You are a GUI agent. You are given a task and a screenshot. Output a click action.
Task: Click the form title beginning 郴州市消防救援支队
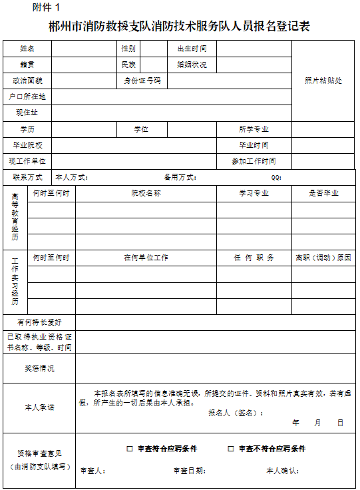(x=180, y=27)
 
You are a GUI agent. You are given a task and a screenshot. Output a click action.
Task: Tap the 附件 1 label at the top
(x=45, y=7)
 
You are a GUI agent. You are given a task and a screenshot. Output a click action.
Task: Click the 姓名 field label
(x=27, y=49)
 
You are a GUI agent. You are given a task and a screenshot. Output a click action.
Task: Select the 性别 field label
(x=128, y=49)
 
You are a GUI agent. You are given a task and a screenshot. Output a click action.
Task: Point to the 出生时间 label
(x=192, y=49)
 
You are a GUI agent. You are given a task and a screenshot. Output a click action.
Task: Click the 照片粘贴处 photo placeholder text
(x=323, y=81)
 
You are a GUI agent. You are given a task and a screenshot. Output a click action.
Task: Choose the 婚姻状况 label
(x=192, y=65)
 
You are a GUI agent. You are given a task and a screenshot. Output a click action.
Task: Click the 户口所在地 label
(x=27, y=97)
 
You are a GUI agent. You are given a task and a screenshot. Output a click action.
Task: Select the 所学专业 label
(x=254, y=129)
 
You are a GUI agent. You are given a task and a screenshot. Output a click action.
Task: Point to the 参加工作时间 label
(x=254, y=161)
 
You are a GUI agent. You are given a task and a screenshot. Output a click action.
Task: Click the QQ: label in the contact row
(x=276, y=178)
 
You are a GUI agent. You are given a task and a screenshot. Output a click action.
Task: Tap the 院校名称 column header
(x=146, y=194)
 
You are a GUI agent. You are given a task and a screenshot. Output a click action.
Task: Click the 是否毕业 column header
(x=323, y=194)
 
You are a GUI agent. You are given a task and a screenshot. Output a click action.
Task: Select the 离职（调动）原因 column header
(x=323, y=258)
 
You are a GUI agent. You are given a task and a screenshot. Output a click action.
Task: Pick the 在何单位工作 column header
(x=146, y=258)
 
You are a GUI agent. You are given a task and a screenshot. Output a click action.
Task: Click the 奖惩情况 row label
(x=39, y=368)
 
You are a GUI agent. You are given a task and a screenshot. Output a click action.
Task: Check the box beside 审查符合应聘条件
(x=130, y=449)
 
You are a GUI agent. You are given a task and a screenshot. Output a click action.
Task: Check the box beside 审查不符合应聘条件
(x=231, y=449)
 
